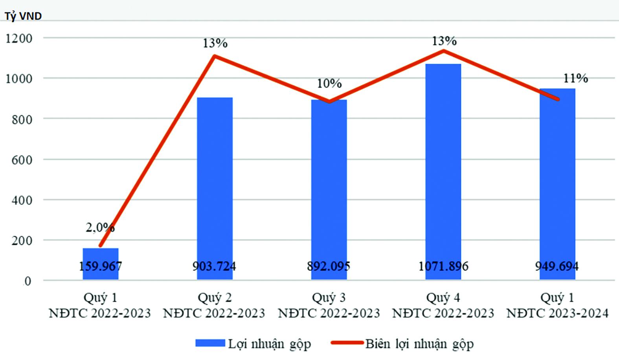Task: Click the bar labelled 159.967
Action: [x=101, y=264]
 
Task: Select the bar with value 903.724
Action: [x=215, y=189]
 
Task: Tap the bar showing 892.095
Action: [x=329, y=190]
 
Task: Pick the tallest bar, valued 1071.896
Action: [x=443, y=172]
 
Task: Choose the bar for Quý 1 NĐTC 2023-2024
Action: [x=557, y=184]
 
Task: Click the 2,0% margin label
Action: [x=100, y=227]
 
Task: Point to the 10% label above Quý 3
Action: [x=329, y=83]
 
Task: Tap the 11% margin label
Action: [x=575, y=78]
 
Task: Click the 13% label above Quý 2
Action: [x=215, y=43]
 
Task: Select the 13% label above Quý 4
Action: [x=444, y=41]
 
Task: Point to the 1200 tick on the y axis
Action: [x=19, y=38]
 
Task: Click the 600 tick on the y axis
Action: [x=22, y=159]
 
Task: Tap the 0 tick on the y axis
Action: [x=28, y=281]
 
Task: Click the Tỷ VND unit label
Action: [x=23, y=16]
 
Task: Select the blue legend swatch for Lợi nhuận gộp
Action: [x=210, y=343]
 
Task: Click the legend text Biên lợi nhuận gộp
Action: [x=419, y=344]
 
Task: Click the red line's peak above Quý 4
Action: [x=444, y=51]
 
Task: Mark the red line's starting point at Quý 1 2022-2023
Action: [x=101, y=246]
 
